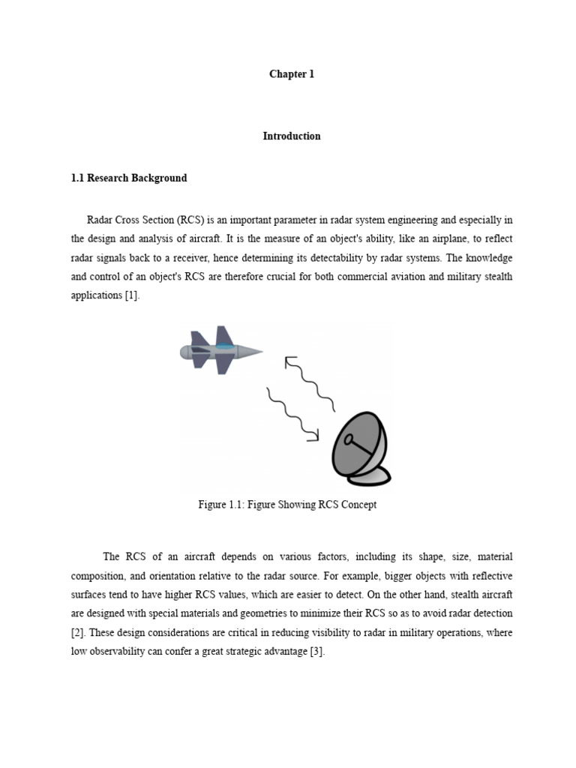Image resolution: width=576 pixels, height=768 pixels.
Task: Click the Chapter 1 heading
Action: pyautogui.click(x=292, y=74)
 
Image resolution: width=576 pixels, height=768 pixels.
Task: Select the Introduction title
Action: pyautogui.click(x=292, y=136)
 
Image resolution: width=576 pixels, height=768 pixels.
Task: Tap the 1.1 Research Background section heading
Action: pyautogui.click(x=129, y=178)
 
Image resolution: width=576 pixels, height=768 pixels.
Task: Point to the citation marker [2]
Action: pyautogui.click(x=76, y=632)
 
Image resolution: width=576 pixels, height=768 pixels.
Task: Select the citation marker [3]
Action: pyautogui.click(x=317, y=651)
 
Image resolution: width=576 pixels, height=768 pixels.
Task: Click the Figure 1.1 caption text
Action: pyautogui.click(x=287, y=505)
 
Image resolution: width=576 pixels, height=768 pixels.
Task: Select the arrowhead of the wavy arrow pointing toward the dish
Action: pyautogui.click(x=314, y=435)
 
